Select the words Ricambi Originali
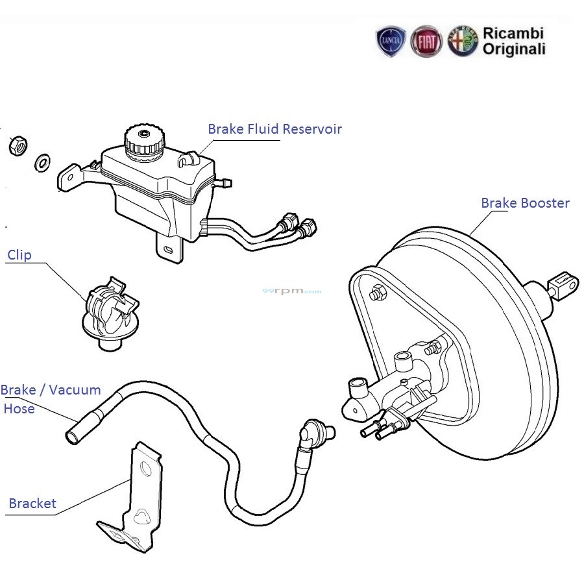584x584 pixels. point(513,41)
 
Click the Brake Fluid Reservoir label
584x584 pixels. point(274,128)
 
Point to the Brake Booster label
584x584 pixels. point(525,203)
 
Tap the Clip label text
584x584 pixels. point(19,255)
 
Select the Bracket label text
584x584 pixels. point(32,503)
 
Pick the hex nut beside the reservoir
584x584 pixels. point(18,146)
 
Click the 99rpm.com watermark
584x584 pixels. point(292,291)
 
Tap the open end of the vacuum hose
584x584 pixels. point(73,434)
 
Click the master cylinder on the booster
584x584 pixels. point(389,396)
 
